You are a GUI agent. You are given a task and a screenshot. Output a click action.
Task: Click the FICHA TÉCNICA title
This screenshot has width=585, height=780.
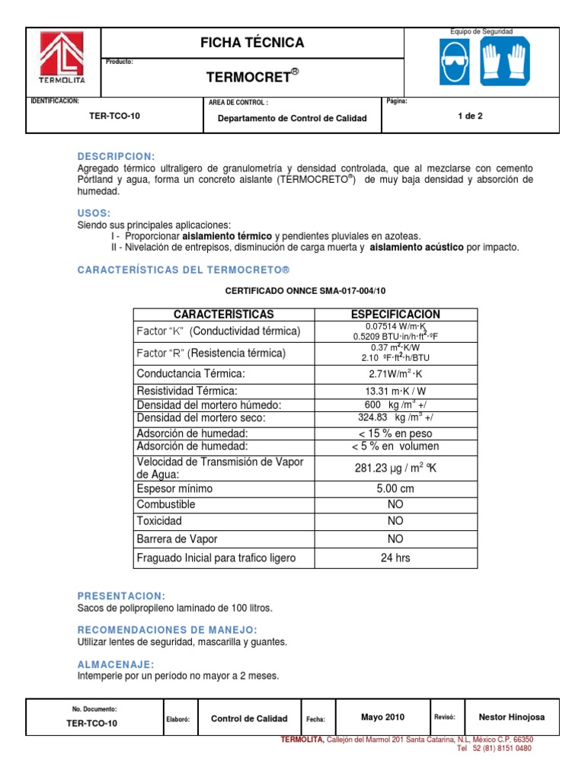[251, 43]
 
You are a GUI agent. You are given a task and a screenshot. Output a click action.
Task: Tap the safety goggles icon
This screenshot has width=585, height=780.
[454, 62]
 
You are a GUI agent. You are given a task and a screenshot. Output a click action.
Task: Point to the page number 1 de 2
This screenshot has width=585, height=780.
[470, 117]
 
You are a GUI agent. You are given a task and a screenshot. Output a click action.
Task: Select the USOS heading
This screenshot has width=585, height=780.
[94, 213]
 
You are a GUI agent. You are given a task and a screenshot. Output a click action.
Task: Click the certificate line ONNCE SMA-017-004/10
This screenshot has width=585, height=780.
[305, 290]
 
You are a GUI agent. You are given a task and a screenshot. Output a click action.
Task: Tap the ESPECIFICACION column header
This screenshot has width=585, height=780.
[395, 315]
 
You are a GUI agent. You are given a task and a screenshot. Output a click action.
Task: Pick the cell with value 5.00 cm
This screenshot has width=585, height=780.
[395, 488]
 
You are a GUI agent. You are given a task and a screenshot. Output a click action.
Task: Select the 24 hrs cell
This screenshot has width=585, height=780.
[395, 558]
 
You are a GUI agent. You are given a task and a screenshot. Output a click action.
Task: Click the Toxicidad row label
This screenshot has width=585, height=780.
[159, 521]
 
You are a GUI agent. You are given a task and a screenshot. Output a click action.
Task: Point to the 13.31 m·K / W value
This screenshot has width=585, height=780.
[395, 392]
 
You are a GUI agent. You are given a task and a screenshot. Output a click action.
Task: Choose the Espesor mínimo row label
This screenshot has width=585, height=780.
[174, 488]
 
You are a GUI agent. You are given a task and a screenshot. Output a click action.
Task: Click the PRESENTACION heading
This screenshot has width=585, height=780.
[121, 596]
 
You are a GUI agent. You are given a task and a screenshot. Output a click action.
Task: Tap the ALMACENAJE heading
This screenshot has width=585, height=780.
[116, 664]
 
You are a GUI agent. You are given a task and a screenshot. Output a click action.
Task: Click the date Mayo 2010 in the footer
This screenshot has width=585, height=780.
[382, 717]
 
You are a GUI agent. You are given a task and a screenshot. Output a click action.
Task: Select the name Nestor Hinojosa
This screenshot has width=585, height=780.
[511, 717]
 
